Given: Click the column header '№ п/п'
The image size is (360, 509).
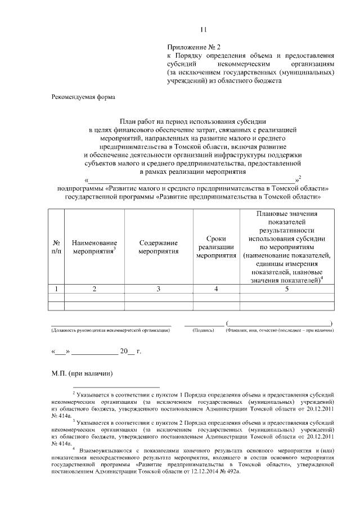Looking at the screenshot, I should [x=56, y=246].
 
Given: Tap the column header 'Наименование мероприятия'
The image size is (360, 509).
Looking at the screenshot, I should [x=94, y=246].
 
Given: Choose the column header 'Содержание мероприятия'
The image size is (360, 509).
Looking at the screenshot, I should [x=159, y=246].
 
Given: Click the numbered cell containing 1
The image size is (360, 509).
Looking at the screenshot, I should [x=56, y=289].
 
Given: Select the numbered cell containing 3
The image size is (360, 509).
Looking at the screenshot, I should [x=159, y=289].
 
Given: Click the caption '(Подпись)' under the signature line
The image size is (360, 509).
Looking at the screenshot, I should [x=203, y=331].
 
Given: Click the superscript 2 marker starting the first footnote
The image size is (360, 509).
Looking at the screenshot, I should [x=74, y=394].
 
